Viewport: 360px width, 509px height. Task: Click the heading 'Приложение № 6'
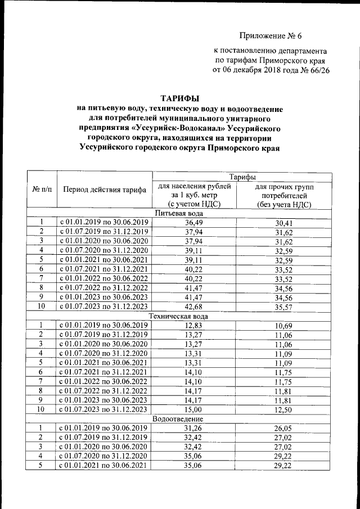point(271,37)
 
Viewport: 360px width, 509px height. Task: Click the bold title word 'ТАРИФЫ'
point(181,99)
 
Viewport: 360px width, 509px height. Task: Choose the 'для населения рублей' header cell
point(195,186)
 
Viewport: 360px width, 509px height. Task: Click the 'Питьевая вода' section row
point(180,213)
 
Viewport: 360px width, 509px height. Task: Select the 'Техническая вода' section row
point(180,316)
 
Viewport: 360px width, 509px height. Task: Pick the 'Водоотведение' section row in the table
point(180,419)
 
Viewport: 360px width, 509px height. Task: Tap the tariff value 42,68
point(195,306)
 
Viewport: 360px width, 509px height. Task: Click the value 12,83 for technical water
point(195,326)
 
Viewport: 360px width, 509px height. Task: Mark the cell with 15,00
point(195,409)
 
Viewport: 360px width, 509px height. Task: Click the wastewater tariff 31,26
point(195,429)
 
